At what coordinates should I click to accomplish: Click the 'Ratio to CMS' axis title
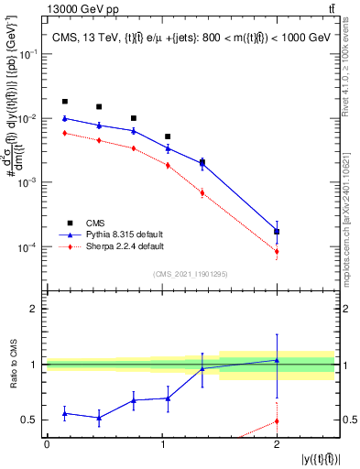coord(14,364)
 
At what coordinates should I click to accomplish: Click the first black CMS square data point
coord(64,102)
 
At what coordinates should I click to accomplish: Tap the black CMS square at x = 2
coord(277,232)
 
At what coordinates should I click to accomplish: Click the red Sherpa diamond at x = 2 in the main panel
coord(277,251)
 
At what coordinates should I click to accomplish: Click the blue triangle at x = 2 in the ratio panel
coord(277,360)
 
